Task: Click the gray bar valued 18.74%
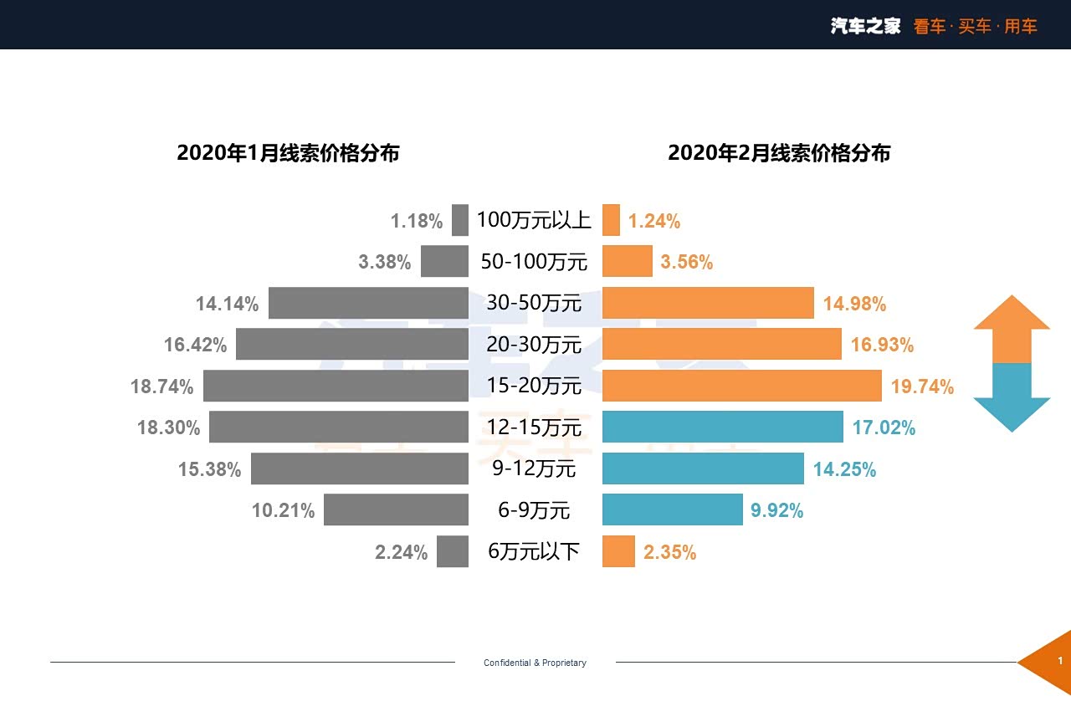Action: (336, 386)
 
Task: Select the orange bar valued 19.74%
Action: (741, 386)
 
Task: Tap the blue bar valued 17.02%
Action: (722, 427)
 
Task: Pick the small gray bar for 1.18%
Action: (460, 220)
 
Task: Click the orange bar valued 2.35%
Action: (618, 551)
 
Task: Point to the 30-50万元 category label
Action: (534, 303)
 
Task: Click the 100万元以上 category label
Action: (534, 220)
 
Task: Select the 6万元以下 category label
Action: (534, 551)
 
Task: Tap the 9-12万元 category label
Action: (534, 468)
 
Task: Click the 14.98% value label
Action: (854, 304)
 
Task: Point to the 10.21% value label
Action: (283, 510)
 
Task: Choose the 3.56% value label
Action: (687, 262)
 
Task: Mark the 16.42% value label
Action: (195, 345)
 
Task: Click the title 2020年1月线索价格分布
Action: (288, 153)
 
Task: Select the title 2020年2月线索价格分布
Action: (779, 153)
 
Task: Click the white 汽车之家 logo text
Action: (865, 26)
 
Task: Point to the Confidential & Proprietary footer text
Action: (535, 663)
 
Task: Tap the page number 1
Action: (1060, 662)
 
